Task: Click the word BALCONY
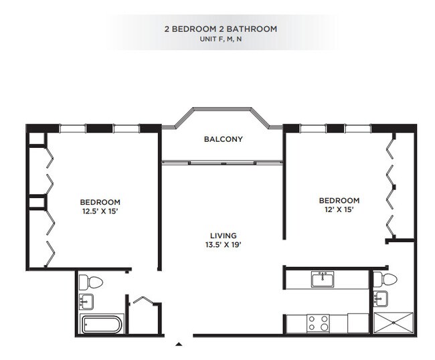pyautogui.click(x=223, y=140)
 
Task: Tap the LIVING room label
pyautogui.click(x=223, y=236)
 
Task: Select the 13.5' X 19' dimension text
pyautogui.click(x=223, y=245)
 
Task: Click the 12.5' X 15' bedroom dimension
pyautogui.click(x=100, y=211)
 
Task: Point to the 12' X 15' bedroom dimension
pyautogui.click(x=339, y=209)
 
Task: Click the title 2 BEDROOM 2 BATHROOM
pyautogui.click(x=220, y=29)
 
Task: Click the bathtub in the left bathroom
pyautogui.click(x=102, y=325)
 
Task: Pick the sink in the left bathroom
pyautogui.click(x=86, y=302)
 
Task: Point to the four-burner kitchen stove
pyautogui.click(x=317, y=323)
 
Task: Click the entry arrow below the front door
pyautogui.click(x=178, y=345)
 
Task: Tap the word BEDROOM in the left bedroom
pyautogui.click(x=100, y=202)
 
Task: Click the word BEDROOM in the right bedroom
pyautogui.click(x=339, y=200)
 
